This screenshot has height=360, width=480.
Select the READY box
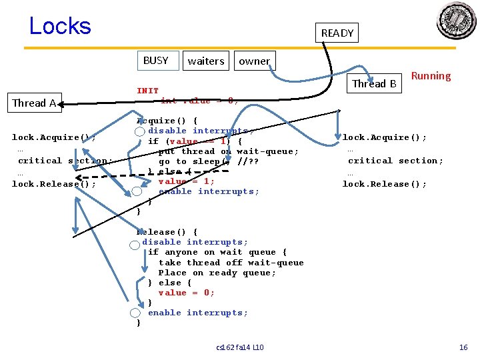(x=337, y=33)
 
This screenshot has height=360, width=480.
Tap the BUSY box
(x=157, y=61)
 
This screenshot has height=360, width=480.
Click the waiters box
(x=206, y=61)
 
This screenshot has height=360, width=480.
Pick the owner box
(x=254, y=61)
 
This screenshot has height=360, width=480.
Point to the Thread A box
(x=34, y=103)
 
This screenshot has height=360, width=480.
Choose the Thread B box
(x=375, y=83)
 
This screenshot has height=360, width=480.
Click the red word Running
(x=431, y=76)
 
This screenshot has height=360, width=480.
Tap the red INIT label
(x=148, y=91)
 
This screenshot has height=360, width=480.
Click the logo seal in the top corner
(x=456, y=21)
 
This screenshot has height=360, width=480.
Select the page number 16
(x=463, y=347)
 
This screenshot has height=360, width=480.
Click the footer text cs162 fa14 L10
(x=240, y=347)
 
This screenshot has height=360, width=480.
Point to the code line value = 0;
(x=186, y=293)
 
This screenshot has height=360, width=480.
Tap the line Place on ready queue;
(x=217, y=273)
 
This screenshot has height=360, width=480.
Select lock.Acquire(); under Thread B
(x=385, y=137)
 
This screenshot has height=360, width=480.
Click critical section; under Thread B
(x=395, y=161)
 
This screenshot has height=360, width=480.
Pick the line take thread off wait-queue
(x=231, y=263)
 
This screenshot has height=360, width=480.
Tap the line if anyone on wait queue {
(x=217, y=252)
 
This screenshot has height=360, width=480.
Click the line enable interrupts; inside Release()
(x=198, y=313)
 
